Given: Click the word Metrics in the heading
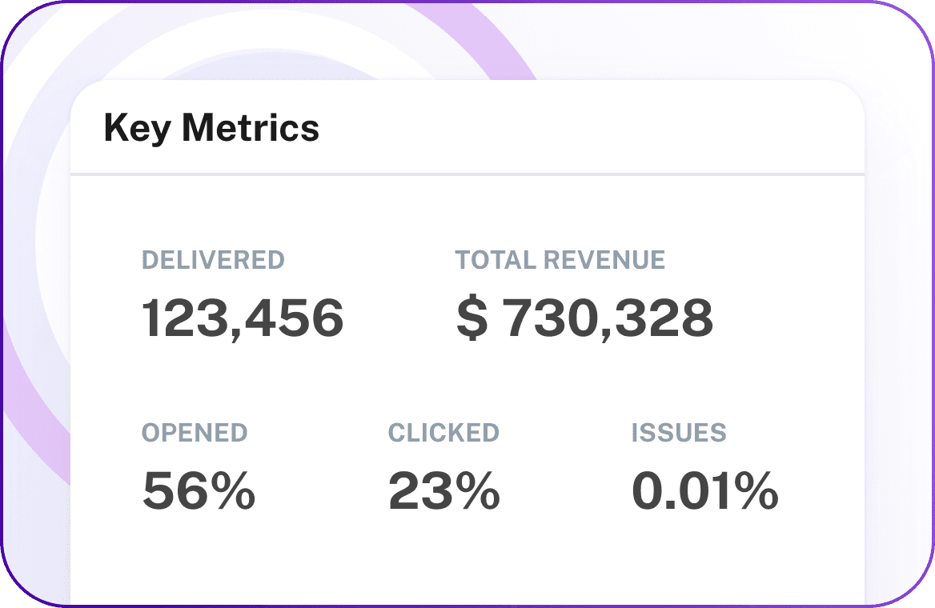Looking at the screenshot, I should coord(251,127).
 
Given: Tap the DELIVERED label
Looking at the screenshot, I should coord(213,260).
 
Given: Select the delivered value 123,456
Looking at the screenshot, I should coord(243,318).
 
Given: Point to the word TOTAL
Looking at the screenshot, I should coord(495,260).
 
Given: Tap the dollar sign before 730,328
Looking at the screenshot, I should coord(472,318).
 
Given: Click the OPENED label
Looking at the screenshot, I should coord(195,433).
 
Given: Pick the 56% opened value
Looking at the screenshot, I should coord(199,490).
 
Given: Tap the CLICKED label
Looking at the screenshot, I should coord(443,433).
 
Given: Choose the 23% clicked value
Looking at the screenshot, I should coord(443,490).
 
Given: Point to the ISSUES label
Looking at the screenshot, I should coord(679,433).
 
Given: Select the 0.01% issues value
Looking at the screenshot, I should coord(704,490).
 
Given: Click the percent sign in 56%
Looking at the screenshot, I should coord(231,490).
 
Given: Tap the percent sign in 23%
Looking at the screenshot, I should coord(476,490).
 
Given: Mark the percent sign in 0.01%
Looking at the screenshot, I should coord(753,490).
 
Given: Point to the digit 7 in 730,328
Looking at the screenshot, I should coord(524,318).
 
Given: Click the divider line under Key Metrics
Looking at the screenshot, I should coord(467,174).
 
